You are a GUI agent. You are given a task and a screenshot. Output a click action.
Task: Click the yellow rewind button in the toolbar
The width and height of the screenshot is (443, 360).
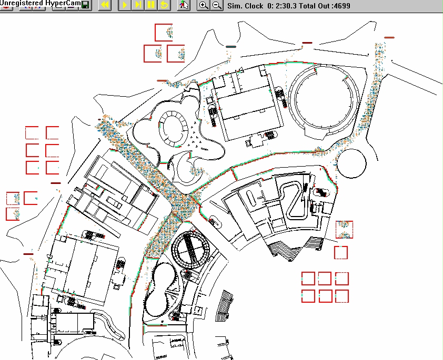click(x=105, y=5)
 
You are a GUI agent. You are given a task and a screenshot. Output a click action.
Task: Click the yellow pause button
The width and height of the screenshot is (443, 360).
click(x=151, y=5)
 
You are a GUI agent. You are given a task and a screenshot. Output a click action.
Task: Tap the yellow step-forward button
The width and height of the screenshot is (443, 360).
click(x=138, y=5)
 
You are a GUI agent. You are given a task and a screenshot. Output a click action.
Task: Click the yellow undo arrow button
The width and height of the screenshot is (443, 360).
click(x=165, y=5)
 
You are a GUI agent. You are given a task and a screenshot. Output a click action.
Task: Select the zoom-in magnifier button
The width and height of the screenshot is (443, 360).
click(x=204, y=5)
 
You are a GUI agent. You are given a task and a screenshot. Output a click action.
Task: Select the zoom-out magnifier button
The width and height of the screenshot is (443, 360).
click(x=217, y=5)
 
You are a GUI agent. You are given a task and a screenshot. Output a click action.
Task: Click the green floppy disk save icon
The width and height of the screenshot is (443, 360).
click(x=85, y=5)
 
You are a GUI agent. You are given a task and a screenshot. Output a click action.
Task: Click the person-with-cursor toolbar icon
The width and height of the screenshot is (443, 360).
click(x=184, y=5)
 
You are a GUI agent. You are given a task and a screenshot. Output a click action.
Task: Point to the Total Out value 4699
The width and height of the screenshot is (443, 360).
click(x=342, y=6)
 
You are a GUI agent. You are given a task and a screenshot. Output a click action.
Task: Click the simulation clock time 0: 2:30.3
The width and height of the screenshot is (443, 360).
click(x=283, y=6)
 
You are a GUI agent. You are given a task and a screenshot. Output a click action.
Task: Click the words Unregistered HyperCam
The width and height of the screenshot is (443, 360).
click(x=41, y=3)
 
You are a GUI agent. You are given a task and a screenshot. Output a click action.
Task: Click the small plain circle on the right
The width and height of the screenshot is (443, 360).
click(x=351, y=163)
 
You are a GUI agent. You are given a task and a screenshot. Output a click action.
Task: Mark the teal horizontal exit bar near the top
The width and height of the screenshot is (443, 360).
click(x=231, y=47)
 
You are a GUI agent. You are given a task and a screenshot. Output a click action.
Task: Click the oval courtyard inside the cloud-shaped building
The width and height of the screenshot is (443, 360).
click(x=173, y=128)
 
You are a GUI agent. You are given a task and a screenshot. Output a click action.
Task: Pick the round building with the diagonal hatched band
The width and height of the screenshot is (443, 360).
click(x=190, y=250)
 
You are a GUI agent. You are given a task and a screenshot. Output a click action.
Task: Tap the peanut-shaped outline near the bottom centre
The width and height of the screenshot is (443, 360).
click(x=161, y=289)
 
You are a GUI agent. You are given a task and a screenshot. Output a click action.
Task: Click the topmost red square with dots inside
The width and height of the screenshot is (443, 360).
click(x=164, y=33)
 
